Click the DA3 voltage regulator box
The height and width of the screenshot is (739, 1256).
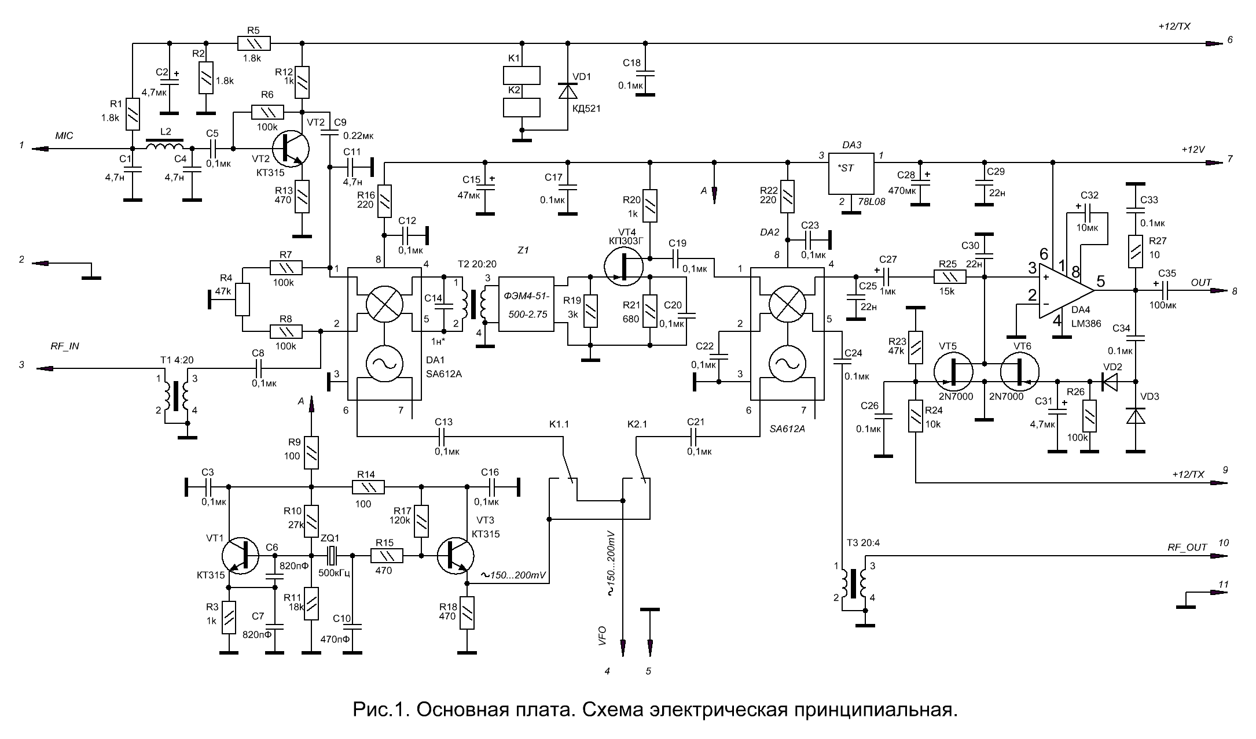pyautogui.click(x=851, y=174)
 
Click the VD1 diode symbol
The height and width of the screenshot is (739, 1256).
pyautogui.click(x=567, y=91)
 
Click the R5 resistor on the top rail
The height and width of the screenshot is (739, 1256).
pyautogui.click(x=254, y=43)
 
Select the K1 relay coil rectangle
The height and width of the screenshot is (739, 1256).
pyautogui.click(x=522, y=75)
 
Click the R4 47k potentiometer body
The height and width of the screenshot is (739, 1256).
pyautogui.click(x=243, y=300)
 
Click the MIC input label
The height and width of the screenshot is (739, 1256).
pyautogui.click(x=64, y=136)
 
